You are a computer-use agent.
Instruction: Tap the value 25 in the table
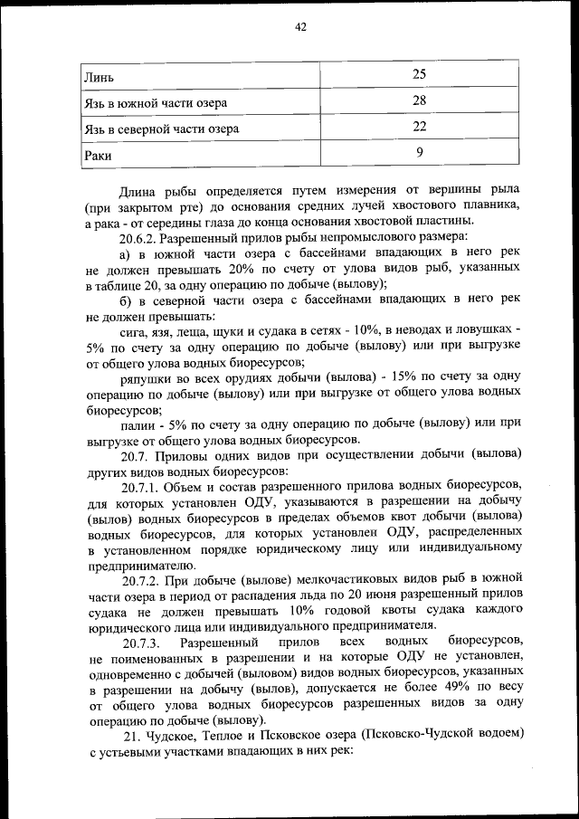419,73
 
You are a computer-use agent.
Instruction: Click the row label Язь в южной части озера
150,102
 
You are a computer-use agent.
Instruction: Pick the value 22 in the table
419,127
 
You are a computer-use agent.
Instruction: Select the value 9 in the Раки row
419,153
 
